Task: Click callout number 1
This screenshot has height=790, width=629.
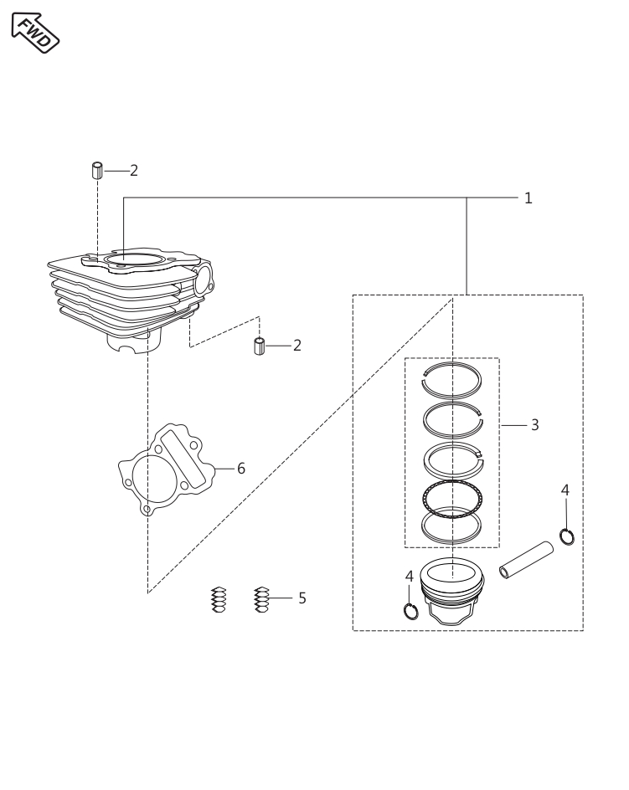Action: [528, 198]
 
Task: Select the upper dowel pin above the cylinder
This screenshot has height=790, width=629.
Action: [96, 170]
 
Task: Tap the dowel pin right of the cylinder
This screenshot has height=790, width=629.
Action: [260, 346]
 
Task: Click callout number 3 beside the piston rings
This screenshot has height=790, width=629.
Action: [534, 425]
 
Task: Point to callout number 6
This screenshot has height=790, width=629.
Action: [240, 468]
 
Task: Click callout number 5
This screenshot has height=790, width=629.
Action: [302, 598]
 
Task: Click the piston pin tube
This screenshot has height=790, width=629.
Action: [528, 559]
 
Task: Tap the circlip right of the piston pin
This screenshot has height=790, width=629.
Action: [567, 536]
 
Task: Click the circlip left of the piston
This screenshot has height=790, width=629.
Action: [410, 611]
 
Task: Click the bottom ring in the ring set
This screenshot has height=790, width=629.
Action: [452, 525]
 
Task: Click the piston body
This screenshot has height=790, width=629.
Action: [452, 590]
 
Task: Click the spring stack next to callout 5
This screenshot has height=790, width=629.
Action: [261, 599]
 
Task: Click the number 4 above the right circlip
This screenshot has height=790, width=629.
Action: [565, 489]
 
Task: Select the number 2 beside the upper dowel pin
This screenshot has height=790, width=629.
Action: [134, 170]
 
